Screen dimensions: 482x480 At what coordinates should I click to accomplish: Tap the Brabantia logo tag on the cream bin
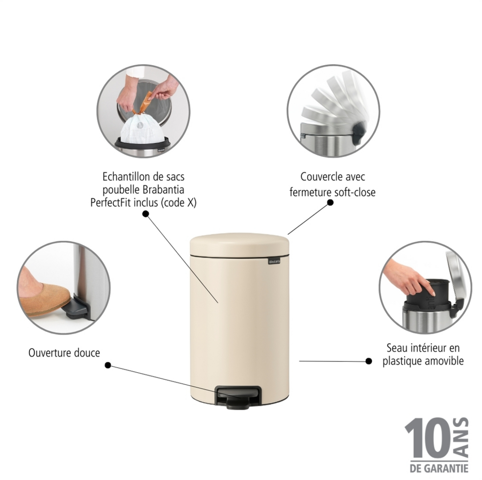pos(274,261)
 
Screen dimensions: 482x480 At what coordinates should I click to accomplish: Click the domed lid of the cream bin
pos(240,244)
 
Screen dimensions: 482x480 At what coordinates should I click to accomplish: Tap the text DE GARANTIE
pos(439,469)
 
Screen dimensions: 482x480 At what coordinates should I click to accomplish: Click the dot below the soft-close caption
pos(330,202)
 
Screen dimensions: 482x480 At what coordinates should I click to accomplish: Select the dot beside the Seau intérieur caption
pos(369,361)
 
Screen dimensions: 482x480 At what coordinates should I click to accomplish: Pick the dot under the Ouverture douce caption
pos(108,365)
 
